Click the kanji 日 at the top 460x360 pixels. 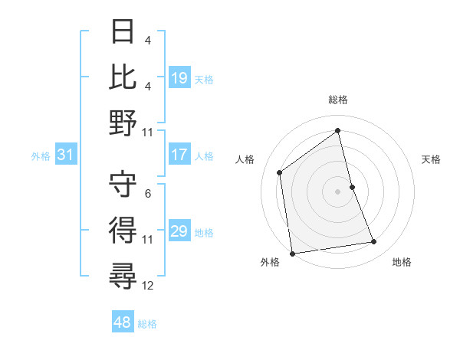[123, 31]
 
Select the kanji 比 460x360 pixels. [123, 77]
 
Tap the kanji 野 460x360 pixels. [123, 123]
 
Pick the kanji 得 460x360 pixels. [123, 230]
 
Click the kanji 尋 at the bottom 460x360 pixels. [123, 276]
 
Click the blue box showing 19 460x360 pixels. [179, 77]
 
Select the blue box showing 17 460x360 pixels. [179, 155]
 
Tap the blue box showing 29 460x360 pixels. [179, 231]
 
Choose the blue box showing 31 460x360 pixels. [65, 155]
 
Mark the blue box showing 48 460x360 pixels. [123, 322]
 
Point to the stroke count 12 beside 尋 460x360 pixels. [148, 286]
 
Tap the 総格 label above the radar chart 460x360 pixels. [338, 100]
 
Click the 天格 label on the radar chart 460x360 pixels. [431, 159]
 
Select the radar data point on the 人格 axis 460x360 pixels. [280, 172]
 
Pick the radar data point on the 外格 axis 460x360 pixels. [292, 253]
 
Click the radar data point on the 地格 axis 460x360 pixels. [374, 242]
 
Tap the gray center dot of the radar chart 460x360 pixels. [338, 191]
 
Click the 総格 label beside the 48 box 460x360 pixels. [147, 324]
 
